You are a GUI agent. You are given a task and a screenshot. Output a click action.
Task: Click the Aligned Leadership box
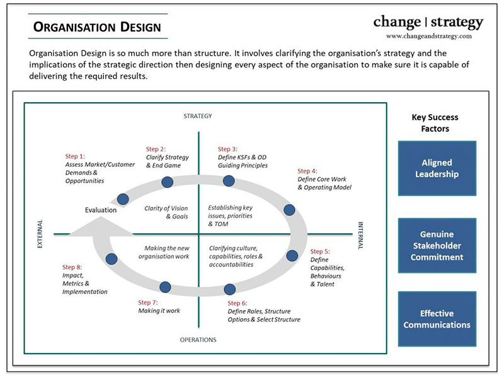tap(437, 168)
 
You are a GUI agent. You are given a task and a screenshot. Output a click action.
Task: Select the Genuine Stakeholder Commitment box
tap(437, 246)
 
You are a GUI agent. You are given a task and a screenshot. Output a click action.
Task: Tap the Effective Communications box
tap(437, 319)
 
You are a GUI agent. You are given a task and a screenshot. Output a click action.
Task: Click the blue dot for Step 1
tap(123, 199)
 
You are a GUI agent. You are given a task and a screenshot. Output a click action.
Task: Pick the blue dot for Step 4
tap(289, 210)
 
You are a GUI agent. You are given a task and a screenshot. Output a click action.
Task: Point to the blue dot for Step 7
tap(165, 287)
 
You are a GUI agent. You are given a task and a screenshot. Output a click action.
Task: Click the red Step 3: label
tap(227, 149)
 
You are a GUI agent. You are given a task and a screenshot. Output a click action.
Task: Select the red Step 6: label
tap(238, 303)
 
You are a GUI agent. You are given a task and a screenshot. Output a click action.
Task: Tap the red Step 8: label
tap(72, 267)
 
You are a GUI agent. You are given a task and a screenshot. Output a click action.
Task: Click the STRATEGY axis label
tap(198, 116)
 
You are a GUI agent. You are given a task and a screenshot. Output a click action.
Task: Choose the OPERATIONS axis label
tap(198, 340)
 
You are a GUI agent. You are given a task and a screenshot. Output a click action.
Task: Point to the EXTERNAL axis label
tap(40, 234)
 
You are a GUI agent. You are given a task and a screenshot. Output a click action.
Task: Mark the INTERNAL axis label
tap(360, 236)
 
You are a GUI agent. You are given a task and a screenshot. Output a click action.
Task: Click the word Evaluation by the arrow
tap(101, 210)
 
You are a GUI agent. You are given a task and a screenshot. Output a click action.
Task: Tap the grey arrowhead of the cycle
tap(101, 226)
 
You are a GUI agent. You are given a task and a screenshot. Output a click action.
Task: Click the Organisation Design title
tap(97, 27)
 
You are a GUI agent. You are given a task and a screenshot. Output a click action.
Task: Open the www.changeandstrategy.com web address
tap(429, 36)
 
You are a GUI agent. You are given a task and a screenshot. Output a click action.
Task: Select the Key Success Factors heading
tap(435, 123)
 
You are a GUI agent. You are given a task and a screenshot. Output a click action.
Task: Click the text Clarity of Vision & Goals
tap(166, 212)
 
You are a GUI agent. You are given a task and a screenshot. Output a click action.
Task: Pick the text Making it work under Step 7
tap(159, 311)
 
